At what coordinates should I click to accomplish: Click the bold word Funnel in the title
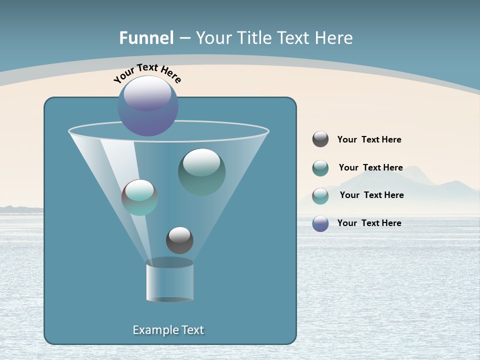[146, 38]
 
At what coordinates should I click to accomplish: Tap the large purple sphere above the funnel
[148, 105]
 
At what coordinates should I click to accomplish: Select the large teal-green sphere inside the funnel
[201, 171]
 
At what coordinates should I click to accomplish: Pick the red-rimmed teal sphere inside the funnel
[139, 197]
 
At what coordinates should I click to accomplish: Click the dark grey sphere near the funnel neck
[179, 240]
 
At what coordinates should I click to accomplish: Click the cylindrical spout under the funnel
[169, 281]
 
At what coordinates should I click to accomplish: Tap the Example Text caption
[168, 330]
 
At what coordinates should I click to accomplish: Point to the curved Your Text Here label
[147, 73]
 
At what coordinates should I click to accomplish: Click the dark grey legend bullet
[320, 139]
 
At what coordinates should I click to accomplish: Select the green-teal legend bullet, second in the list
[320, 168]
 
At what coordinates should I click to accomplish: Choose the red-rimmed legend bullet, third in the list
[320, 195]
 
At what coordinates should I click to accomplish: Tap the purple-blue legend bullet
[320, 223]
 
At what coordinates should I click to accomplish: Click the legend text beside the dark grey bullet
[369, 140]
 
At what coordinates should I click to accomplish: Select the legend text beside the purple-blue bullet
[369, 223]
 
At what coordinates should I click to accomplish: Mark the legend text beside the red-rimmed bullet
[371, 195]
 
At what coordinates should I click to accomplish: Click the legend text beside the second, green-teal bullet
[370, 167]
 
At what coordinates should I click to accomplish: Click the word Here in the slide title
[334, 38]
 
